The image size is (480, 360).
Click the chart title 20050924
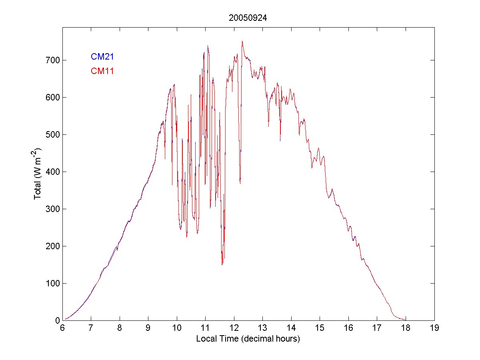click(x=248, y=18)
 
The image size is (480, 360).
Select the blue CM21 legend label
click(x=102, y=56)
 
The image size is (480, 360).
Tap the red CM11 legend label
click(x=102, y=71)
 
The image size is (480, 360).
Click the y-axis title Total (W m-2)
click(x=38, y=173)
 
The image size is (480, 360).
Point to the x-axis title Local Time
click(x=248, y=339)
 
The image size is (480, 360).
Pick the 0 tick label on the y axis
click(x=56, y=320)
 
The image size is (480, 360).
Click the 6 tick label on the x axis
click(x=62, y=328)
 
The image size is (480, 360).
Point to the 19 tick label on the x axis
click(x=434, y=328)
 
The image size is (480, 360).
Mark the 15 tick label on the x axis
click(x=320, y=328)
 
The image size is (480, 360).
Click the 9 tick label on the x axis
click(x=148, y=328)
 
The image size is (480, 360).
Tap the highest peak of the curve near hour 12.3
click(x=242, y=41)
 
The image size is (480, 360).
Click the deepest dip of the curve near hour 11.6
click(x=222, y=264)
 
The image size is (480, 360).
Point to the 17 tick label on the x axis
click(x=377, y=328)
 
